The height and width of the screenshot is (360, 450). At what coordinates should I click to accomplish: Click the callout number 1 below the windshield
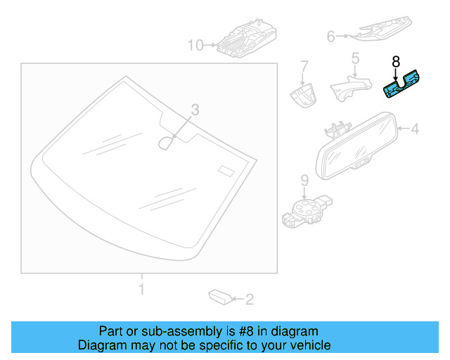[x=141, y=289]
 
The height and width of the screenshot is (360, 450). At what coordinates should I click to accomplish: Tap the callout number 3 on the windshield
[x=195, y=109]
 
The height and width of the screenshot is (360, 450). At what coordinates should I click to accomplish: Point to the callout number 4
[x=415, y=129]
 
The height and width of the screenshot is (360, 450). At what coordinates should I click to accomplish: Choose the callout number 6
[x=331, y=34]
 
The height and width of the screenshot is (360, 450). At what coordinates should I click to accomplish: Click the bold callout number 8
[x=395, y=61]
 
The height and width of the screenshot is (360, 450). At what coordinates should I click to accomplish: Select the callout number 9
[x=304, y=180]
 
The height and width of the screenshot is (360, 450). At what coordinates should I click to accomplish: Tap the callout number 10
[x=194, y=46]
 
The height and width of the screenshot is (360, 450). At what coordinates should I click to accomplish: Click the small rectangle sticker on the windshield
[x=226, y=171]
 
